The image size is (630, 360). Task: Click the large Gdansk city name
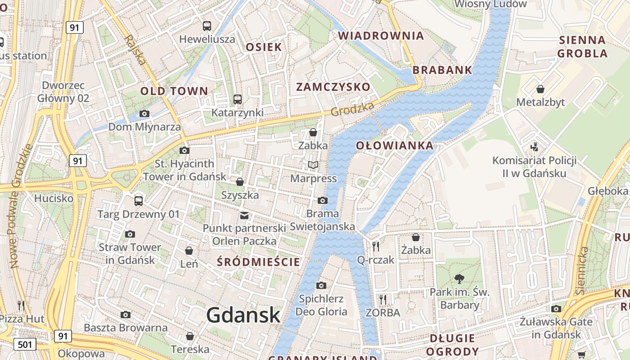[x=243, y=315]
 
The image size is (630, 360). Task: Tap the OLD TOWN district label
[x=174, y=91]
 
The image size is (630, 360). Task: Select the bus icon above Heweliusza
[x=207, y=26]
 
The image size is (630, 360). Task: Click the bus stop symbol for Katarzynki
[x=238, y=99]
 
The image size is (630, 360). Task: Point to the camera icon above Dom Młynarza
[x=144, y=113]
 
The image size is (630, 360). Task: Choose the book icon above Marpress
[x=313, y=165]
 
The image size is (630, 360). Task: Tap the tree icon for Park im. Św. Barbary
[x=459, y=279]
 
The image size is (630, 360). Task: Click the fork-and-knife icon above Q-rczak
[x=376, y=246]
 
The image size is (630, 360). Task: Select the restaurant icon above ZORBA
[x=382, y=299]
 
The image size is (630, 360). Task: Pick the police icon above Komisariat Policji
[x=535, y=147]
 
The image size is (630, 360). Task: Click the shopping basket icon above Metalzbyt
[x=540, y=89]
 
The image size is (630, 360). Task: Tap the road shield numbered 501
[x=25, y=345]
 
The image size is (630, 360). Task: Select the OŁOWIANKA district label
[x=395, y=146]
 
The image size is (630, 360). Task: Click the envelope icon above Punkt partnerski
[x=244, y=215]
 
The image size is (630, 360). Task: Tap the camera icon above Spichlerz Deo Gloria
[x=321, y=285]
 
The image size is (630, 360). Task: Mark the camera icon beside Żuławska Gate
[x=556, y=309]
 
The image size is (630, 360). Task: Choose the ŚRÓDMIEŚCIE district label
[x=258, y=262]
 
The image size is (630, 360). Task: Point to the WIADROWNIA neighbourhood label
[x=381, y=36]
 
